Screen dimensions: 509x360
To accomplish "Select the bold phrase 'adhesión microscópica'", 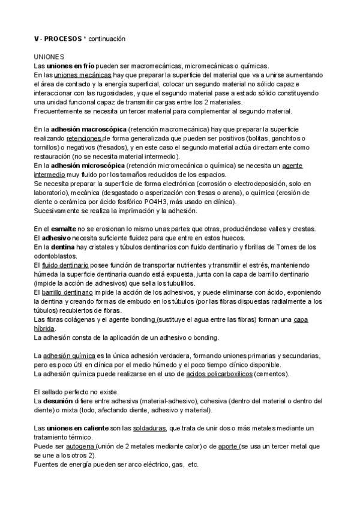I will (x=88, y=165).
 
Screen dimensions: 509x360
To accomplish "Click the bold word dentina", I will (x=61, y=247).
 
